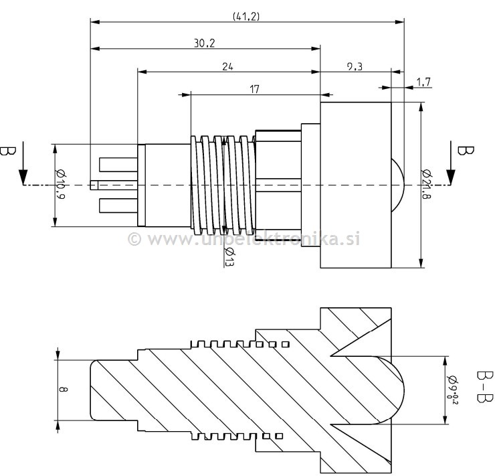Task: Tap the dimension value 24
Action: pyautogui.click(x=229, y=66)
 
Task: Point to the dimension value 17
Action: pyautogui.click(x=255, y=88)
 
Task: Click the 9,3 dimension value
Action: pyautogui.click(x=355, y=66)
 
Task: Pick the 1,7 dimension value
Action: pyautogui.click(x=423, y=82)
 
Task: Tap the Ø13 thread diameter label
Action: pyautogui.click(x=229, y=257)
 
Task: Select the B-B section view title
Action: pyautogui.click(x=483, y=388)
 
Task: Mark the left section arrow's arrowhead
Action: pyautogui.click(x=23, y=177)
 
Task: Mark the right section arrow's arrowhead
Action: pyautogui.click(x=450, y=177)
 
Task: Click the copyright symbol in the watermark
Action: pyautogui.click(x=134, y=239)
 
